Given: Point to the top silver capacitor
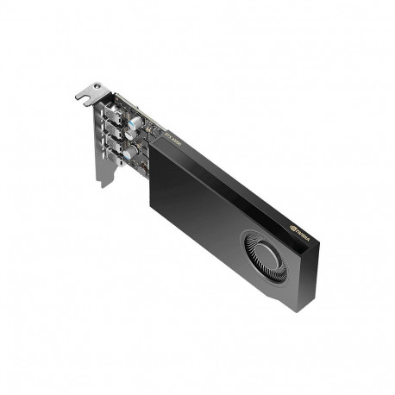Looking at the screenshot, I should tap(130, 122).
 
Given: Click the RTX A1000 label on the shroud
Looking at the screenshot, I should tap(165, 134).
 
